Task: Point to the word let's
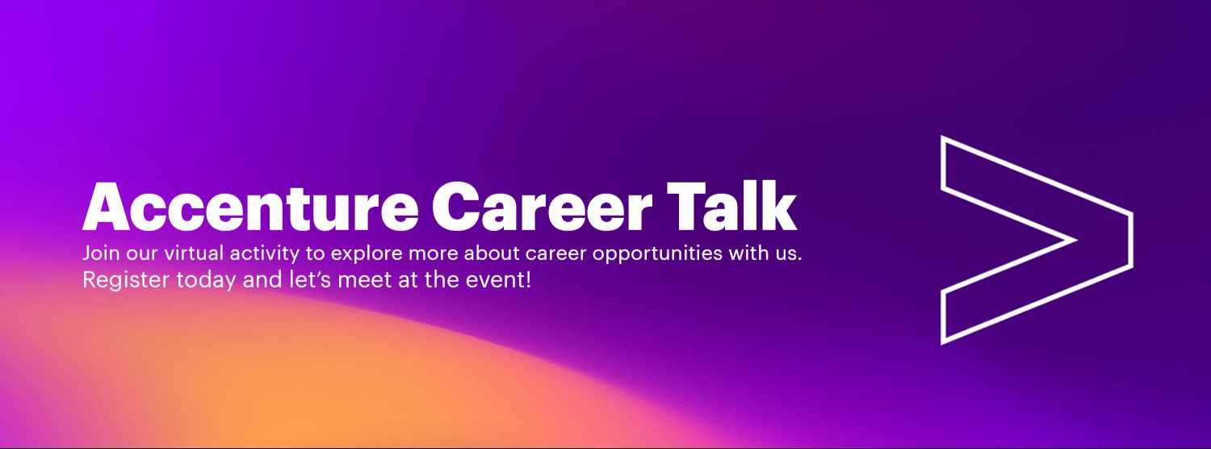coord(284,281)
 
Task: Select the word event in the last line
coord(499,281)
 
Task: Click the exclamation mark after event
coord(527,280)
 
